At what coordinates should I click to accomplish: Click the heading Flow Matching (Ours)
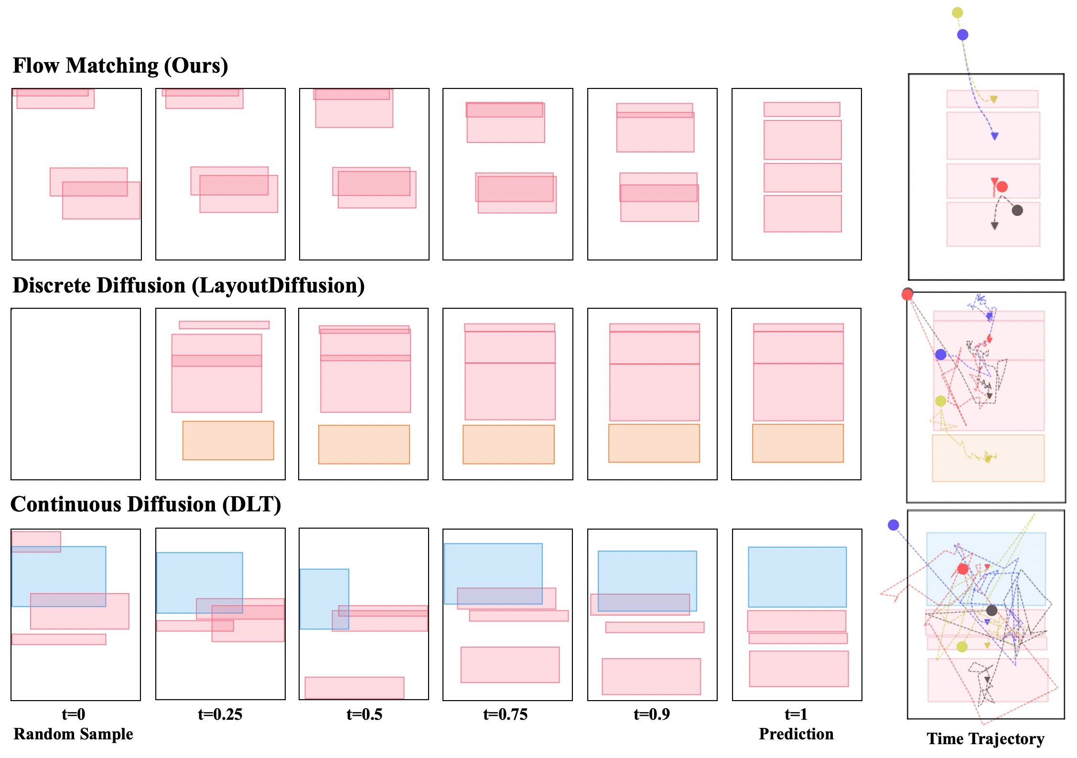point(120,65)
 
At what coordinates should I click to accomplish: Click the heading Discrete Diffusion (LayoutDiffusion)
point(188,285)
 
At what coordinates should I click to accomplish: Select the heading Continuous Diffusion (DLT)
point(146,504)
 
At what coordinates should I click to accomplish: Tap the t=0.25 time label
point(220,714)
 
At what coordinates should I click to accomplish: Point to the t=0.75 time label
point(505,714)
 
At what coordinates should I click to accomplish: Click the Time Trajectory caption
point(985,738)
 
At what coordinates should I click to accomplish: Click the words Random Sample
point(73,734)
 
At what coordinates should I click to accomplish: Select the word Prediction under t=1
point(796,734)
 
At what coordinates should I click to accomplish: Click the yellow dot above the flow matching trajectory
point(957,12)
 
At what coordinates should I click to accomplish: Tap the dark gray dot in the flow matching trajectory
point(1017,210)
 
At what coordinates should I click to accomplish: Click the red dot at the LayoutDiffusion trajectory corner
point(907,294)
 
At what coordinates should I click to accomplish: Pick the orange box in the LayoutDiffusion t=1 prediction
point(797,443)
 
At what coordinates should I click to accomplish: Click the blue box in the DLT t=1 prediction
point(797,577)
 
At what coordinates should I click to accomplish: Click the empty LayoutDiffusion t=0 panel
point(75,394)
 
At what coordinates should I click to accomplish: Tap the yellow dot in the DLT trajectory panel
point(962,647)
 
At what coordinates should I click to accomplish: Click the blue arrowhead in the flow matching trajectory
point(994,136)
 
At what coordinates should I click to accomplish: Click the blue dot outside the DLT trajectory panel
point(893,525)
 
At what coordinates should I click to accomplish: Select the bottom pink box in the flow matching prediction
point(802,214)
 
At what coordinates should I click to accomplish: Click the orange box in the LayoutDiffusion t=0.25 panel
point(228,440)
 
